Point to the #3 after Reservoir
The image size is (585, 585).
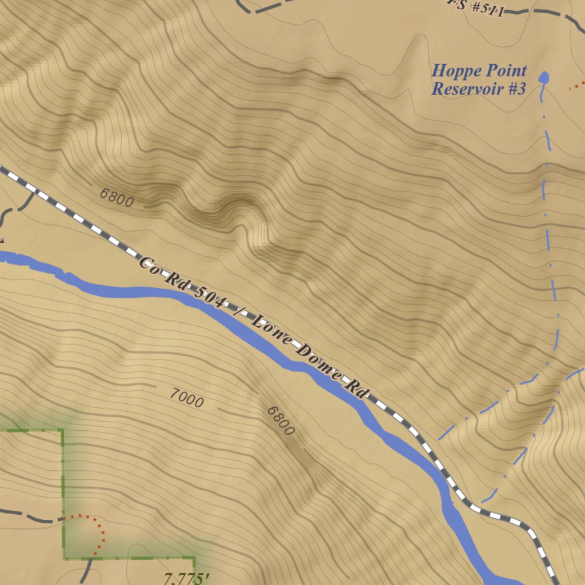[x=515, y=89]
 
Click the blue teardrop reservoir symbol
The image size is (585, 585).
[x=543, y=78]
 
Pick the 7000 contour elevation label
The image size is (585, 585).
[x=186, y=398]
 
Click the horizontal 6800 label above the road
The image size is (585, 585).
[x=117, y=198]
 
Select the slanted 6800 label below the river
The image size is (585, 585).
[x=281, y=421]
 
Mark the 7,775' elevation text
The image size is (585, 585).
[x=186, y=579]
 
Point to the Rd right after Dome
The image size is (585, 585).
[x=355, y=390]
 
